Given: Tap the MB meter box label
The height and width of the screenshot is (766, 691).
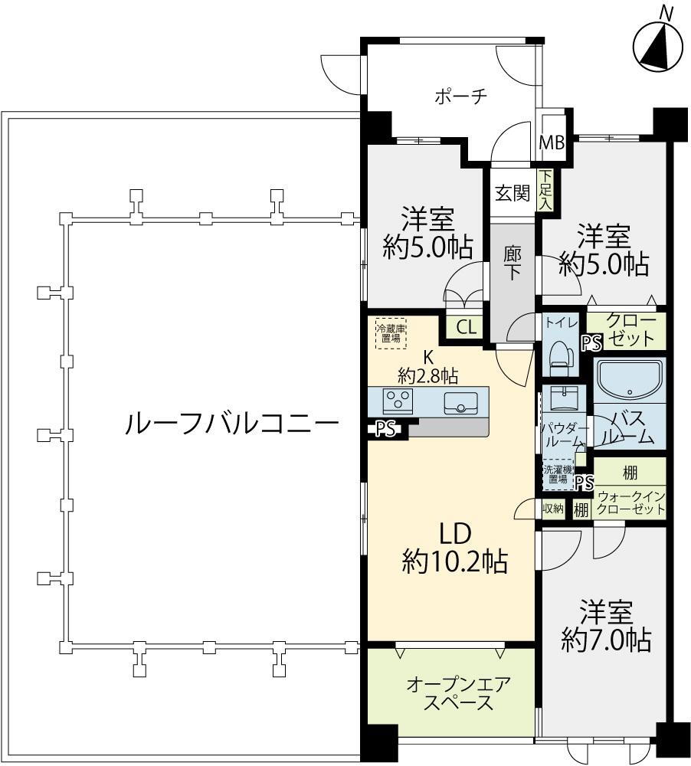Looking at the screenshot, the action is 552,143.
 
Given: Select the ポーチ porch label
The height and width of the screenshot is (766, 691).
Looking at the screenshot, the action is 461,97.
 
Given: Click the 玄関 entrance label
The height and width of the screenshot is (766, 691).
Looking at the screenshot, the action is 513,193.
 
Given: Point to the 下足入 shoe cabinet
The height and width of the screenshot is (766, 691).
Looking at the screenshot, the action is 545,189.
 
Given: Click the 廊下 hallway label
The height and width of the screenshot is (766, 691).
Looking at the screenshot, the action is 513,263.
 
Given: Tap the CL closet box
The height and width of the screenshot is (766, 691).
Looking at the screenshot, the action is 467,327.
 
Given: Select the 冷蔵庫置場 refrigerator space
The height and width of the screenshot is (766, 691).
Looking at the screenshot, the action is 391,334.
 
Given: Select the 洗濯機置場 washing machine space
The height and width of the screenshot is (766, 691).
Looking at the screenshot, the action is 558,474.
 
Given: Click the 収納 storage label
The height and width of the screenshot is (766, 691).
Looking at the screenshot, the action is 553,509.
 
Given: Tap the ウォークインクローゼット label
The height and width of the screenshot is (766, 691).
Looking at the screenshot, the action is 631,502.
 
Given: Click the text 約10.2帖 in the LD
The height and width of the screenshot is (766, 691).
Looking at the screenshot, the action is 454,561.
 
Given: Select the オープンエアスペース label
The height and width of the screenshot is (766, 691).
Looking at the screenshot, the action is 458,692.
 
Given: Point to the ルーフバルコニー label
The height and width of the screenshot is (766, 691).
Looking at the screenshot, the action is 232,424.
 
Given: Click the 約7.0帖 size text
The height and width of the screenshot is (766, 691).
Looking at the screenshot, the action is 606,640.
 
